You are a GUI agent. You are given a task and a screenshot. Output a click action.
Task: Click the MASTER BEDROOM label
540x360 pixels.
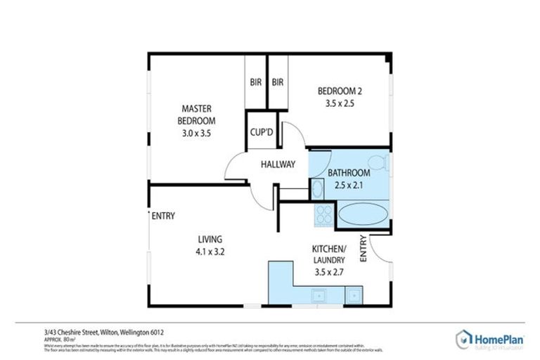[197, 115]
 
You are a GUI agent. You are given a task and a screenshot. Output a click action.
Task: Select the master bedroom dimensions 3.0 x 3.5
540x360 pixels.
[197, 132]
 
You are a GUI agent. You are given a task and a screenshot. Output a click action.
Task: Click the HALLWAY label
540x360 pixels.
[278, 165]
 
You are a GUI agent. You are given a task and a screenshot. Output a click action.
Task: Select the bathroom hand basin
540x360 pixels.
[317, 188]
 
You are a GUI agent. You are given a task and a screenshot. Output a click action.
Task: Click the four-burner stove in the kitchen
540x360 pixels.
[325, 213]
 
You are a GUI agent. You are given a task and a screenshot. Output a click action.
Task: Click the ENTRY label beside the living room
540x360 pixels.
[163, 216]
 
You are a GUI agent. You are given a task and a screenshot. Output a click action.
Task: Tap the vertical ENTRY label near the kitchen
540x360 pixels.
[364, 248]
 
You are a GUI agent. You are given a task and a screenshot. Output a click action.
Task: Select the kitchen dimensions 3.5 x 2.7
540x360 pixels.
[328, 273]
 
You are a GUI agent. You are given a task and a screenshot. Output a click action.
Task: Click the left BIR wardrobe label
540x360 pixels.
[255, 82]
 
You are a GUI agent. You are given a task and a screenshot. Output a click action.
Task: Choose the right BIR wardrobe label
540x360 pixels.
[278, 82]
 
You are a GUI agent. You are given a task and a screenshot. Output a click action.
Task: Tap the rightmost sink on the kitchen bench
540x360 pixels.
[354, 295]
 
